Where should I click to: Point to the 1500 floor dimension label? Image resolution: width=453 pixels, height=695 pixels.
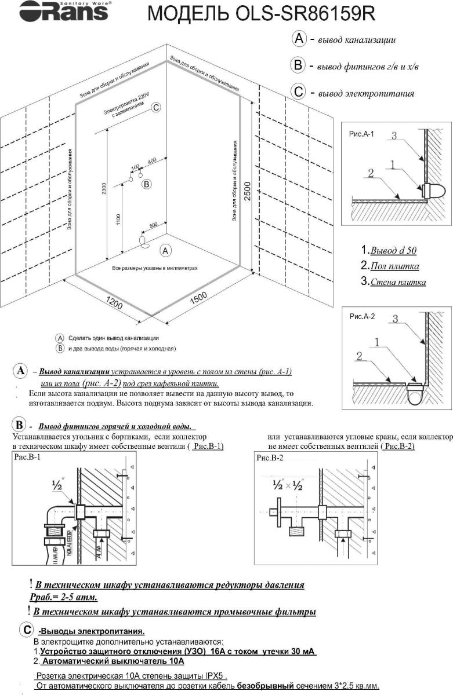[x=198, y=298]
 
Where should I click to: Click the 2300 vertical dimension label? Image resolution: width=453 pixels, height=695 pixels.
[x=104, y=188]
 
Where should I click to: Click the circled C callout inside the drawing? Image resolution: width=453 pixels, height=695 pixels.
[x=155, y=108]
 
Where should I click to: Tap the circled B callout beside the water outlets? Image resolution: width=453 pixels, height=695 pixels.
[x=147, y=184]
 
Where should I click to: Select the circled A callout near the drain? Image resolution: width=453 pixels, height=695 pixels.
[x=165, y=251]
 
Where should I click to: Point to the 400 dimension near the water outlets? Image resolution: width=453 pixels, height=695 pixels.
[x=152, y=160]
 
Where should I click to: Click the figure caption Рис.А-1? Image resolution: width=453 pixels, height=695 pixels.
[x=361, y=133]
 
